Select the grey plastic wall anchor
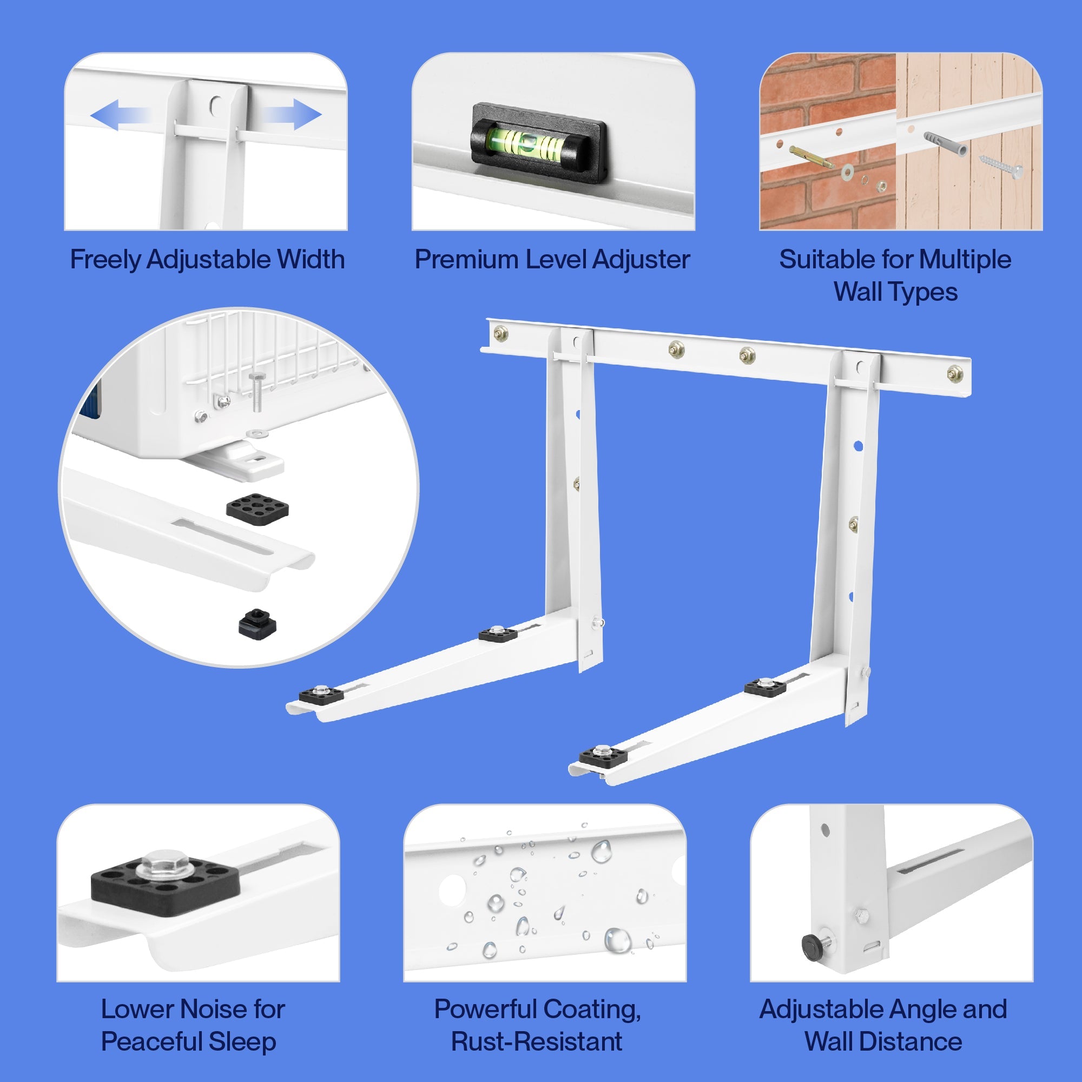click(x=945, y=144)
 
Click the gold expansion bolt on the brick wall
click(x=811, y=157)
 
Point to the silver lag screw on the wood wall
click(x=1002, y=166)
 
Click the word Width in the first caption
click(x=311, y=259)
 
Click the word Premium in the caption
click(x=458, y=259)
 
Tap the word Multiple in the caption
click(x=965, y=259)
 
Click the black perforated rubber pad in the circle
click(x=258, y=507)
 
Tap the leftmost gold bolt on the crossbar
click(x=500, y=334)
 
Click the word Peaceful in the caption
click(x=153, y=1041)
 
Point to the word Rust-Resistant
click(x=537, y=1041)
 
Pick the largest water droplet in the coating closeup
click(x=617, y=940)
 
